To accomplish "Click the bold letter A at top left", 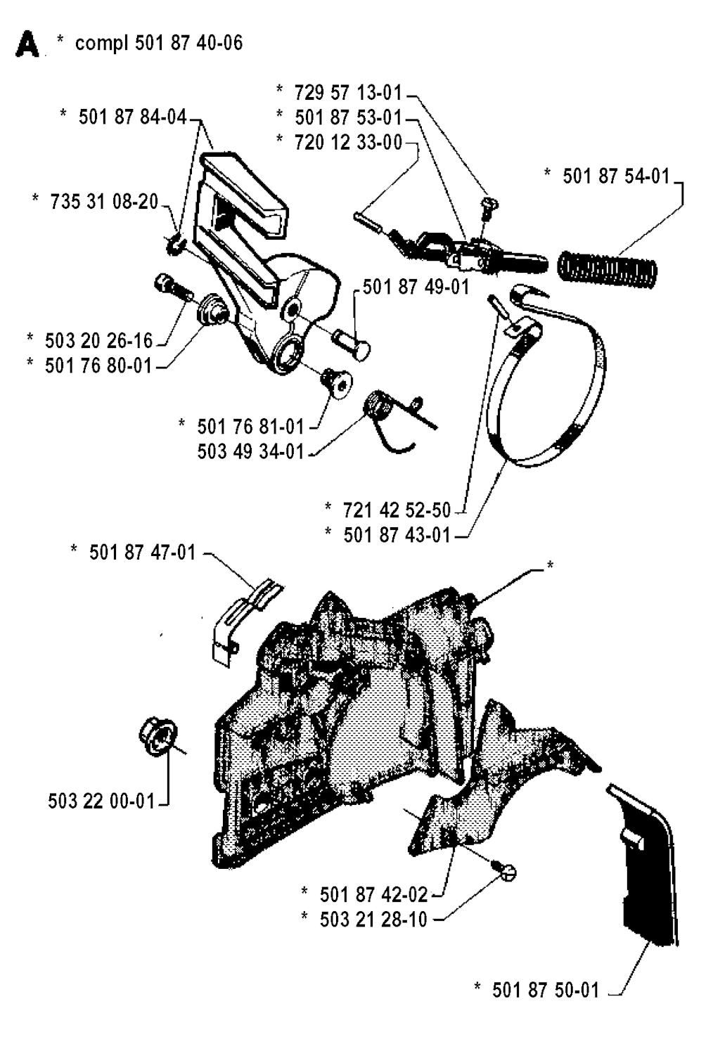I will [x=27, y=46].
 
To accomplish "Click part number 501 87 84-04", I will [x=132, y=117].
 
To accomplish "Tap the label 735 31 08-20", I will [x=104, y=202].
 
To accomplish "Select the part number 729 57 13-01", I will [x=348, y=92].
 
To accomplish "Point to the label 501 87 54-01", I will [x=616, y=176].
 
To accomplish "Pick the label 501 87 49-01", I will [x=416, y=287].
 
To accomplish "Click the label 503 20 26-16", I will [x=98, y=341].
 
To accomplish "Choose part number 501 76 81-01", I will [x=250, y=426].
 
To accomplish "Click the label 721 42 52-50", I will [x=397, y=510].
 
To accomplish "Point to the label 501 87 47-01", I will [x=142, y=553].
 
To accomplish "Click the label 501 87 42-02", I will [x=373, y=894].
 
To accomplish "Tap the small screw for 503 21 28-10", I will [x=506, y=872].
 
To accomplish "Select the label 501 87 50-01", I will [x=546, y=990].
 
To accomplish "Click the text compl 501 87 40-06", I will [x=159, y=43].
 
